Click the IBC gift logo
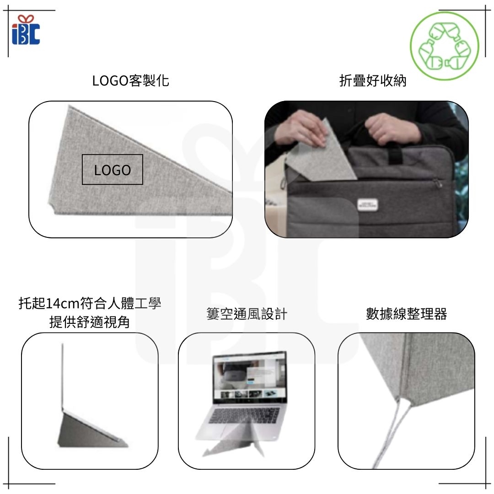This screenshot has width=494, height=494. pyautogui.click(x=26, y=30)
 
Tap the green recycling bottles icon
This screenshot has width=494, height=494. pyautogui.click(x=445, y=46)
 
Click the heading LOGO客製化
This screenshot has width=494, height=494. pyautogui.click(x=130, y=81)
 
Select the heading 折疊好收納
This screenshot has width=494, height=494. pyautogui.click(x=373, y=81)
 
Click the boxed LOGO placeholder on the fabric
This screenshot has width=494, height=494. pyautogui.click(x=113, y=170)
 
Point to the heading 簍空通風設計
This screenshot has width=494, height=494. pyautogui.click(x=247, y=314)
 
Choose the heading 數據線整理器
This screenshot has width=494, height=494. pyautogui.click(x=407, y=314)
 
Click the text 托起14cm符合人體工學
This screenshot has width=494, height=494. pyautogui.click(x=90, y=303)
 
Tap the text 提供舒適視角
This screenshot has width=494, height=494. pyautogui.click(x=90, y=322)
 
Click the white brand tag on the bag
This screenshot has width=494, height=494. pyautogui.click(x=367, y=204)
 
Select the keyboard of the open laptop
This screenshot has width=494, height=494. pyautogui.click(x=244, y=415)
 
